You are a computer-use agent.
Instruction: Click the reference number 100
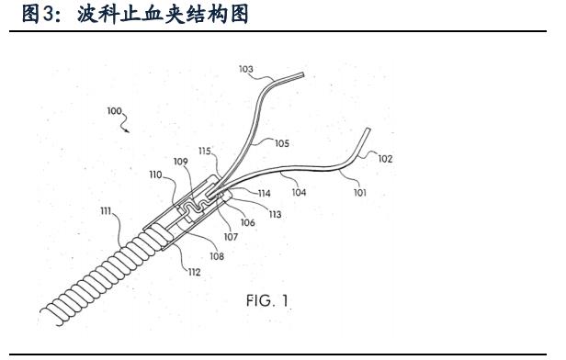(x=114, y=110)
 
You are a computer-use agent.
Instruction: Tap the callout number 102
(x=386, y=158)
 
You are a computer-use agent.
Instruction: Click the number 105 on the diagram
(x=281, y=143)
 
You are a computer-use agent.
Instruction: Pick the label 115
(x=204, y=150)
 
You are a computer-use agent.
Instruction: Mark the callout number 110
(x=156, y=173)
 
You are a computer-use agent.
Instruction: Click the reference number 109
(x=181, y=162)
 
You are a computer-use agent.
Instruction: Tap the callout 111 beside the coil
(x=108, y=210)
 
